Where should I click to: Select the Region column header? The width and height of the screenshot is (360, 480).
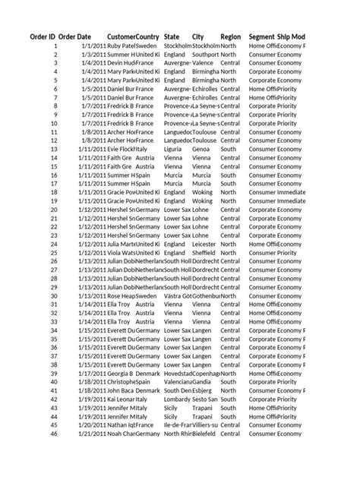(x=231, y=36)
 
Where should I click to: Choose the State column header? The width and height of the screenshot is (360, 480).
(x=172, y=36)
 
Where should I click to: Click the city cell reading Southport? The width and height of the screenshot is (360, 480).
(x=205, y=55)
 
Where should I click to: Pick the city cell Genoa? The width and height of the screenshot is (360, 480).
(x=201, y=150)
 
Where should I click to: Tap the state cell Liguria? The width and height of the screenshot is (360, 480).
(x=175, y=150)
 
